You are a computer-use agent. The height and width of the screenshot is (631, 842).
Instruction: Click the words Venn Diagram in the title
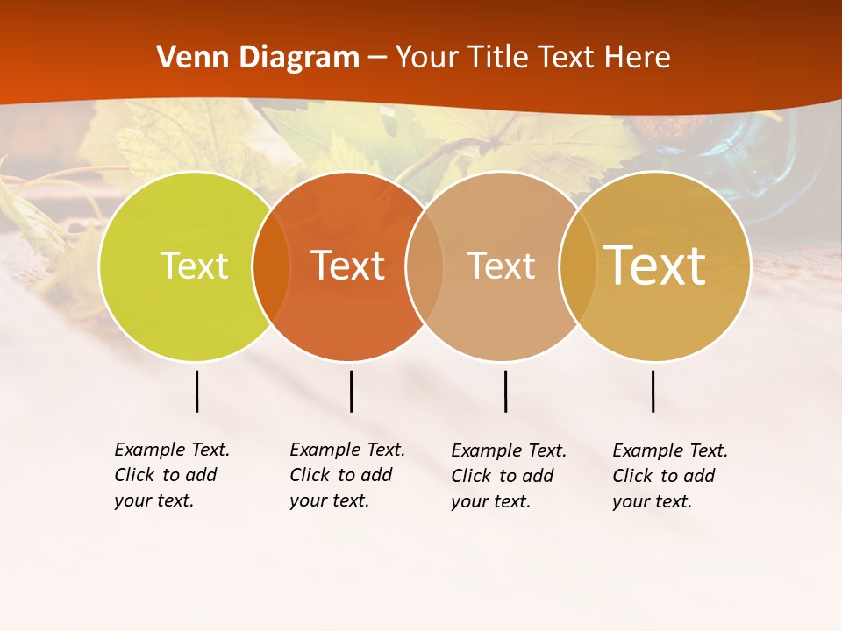pyautogui.click(x=258, y=58)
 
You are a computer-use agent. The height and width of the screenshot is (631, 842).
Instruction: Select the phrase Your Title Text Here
pyautogui.click(x=532, y=58)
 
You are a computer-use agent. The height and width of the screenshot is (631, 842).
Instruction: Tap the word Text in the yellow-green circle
pyautogui.click(x=194, y=266)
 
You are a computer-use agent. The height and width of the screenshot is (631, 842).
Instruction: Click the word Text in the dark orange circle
pyautogui.click(x=348, y=266)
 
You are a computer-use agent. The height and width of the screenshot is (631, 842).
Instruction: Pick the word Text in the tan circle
pyautogui.click(x=501, y=266)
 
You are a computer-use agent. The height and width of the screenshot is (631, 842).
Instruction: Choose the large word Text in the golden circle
pyautogui.click(x=655, y=266)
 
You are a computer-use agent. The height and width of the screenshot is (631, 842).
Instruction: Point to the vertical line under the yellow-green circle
pyautogui.click(x=197, y=391)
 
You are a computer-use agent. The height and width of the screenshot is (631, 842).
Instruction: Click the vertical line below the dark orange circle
pyautogui.click(x=351, y=391)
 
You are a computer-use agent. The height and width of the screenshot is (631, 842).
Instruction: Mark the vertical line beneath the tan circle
pyautogui.click(x=505, y=391)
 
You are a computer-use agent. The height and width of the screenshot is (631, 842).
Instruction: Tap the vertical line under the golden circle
pyautogui.click(x=653, y=391)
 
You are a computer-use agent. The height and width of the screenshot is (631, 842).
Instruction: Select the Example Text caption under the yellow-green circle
pyautogui.click(x=172, y=475)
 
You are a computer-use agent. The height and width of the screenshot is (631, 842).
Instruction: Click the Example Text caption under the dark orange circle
pyautogui.click(x=347, y=475)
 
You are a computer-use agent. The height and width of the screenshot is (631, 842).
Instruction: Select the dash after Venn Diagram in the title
pyautogui.click(x=377, y=59)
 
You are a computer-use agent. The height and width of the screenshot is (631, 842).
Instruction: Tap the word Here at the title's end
pyautogui.click(x=638, y=58)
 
